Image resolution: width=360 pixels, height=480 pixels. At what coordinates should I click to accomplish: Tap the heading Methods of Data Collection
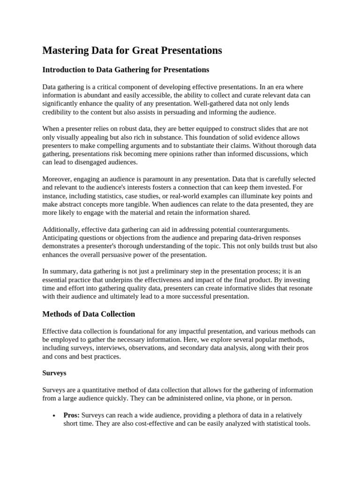pyautogui.click(x=89, y=314)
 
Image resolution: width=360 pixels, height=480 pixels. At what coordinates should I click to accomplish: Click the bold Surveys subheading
pyautogui.click(x=54, y=373)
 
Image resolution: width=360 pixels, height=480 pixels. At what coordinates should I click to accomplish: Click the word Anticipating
pyautogui.click(x=62, y=238)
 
